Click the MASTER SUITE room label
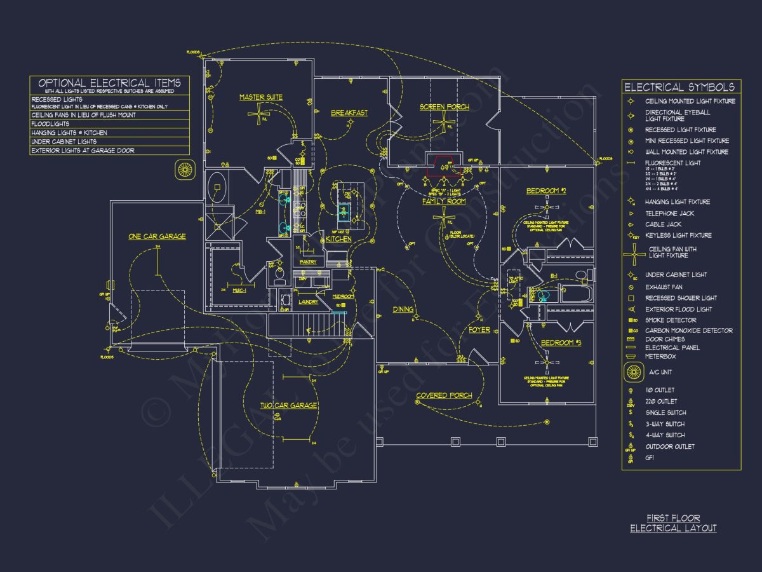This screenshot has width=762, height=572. (261, 97)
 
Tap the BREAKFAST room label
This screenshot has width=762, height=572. (349, 113)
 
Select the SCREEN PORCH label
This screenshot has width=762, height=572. (444, 107)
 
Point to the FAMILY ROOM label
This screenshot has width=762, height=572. (444, 201)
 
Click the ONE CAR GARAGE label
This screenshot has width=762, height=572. (157, 236)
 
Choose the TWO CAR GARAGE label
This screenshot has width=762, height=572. (288, 405)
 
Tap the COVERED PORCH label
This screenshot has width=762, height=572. (444, 395)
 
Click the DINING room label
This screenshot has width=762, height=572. (403, 310)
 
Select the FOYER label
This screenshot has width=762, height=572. (479, 330)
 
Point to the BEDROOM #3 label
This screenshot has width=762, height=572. (561, 343)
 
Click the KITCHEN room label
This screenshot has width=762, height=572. (338, 239)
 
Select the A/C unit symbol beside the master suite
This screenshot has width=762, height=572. (185, 169)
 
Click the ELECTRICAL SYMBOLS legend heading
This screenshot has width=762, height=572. (679, 87)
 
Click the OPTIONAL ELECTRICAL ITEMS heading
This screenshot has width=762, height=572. (110, 83)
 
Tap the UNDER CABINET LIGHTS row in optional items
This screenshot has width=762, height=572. (64, 142)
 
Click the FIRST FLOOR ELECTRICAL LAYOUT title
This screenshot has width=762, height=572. (673, 523)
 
